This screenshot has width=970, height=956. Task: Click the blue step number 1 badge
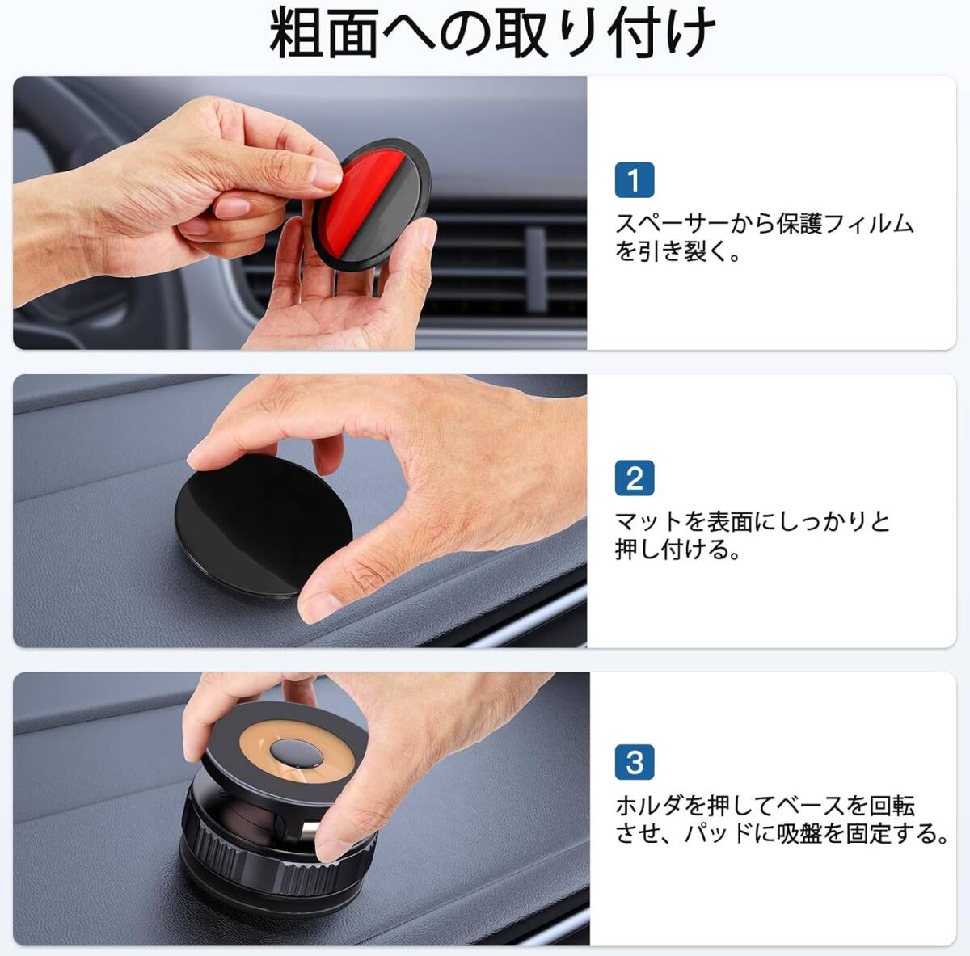pos(635,180)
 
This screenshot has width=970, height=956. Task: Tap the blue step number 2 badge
pos(635,478)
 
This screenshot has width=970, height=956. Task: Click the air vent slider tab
pos(537,269)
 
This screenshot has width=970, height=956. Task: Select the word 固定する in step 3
pos(890,834)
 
